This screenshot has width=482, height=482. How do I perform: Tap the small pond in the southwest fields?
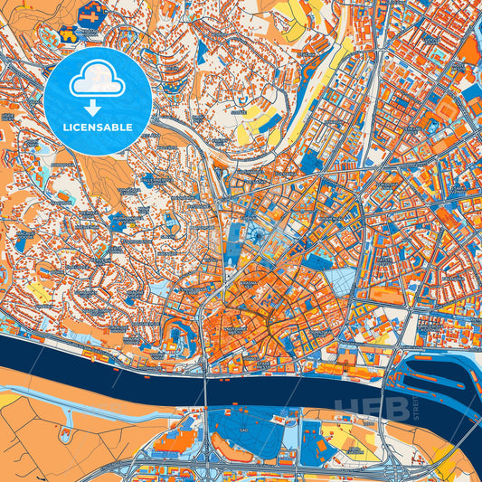[64, 435]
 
